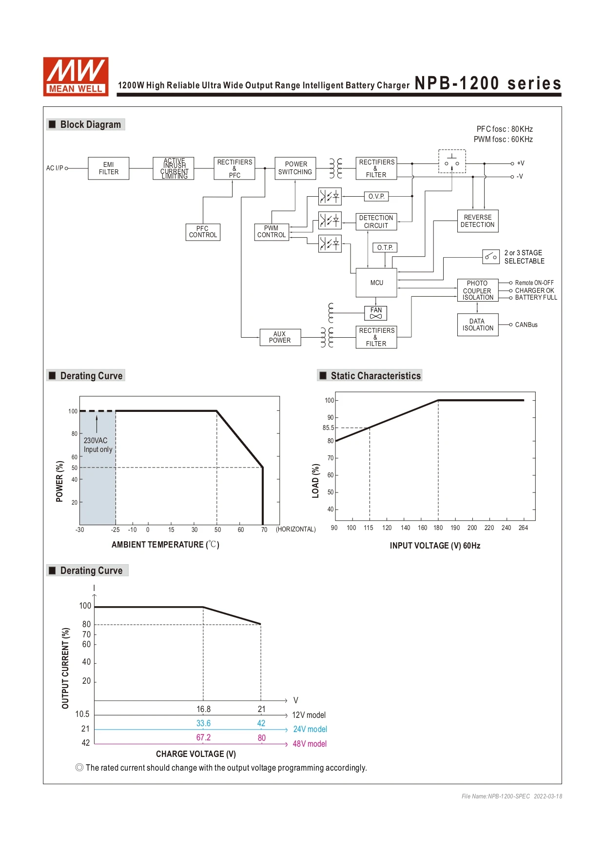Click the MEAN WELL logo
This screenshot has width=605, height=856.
(76, 76)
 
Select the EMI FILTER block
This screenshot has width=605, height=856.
(109, 168)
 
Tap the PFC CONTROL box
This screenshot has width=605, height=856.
(203, 232)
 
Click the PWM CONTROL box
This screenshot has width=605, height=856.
(272, 232)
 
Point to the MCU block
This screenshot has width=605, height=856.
(376, 283)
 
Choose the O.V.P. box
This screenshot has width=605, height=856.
(376, 196)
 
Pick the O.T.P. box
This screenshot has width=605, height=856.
(385, 247)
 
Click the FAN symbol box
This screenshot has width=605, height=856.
(376, 313)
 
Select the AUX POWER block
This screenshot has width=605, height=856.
(280, 337)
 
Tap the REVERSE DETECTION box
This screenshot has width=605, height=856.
(478, 221)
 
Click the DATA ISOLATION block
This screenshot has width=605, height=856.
(478, 325)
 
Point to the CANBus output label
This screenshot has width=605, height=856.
(527, 325)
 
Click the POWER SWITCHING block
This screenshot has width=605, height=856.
(295, 168)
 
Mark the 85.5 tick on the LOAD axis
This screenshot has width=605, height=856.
(329, 428)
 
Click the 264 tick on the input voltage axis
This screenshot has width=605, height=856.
(523, 528)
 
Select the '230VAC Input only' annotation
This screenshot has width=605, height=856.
(98, 445)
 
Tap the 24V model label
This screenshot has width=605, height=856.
(310, 729)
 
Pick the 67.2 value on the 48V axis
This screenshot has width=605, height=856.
(203, 738)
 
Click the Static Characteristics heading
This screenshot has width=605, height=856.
(376, 376)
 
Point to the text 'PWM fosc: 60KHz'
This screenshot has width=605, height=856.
(503, 140)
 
